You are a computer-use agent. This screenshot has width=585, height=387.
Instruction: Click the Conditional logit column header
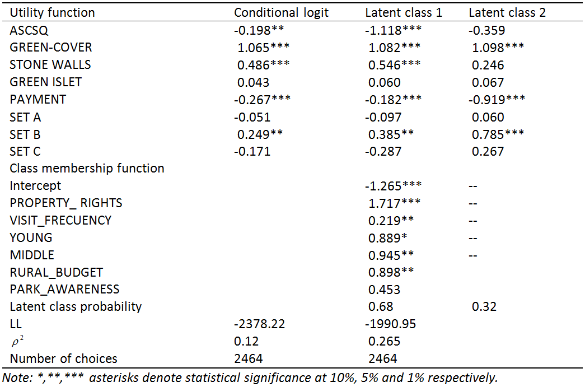[281, 12]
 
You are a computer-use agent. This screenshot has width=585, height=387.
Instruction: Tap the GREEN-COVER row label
[50, 47]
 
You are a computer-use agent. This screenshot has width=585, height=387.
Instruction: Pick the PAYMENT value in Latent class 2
[497, 99]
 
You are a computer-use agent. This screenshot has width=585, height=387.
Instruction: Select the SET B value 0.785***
[497, 134]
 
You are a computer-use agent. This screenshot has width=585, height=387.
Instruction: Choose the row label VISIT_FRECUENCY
[60, 220]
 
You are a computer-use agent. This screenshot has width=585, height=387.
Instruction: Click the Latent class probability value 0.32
[484, 306]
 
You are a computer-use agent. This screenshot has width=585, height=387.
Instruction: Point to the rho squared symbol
[16, 341]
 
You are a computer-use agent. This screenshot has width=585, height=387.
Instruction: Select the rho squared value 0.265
[384, 341]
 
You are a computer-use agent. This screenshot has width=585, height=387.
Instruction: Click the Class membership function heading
[87, 168]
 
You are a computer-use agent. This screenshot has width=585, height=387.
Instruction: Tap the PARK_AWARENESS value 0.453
[384, 289]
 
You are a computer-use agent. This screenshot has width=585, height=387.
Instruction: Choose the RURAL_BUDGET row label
[56, 272]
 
